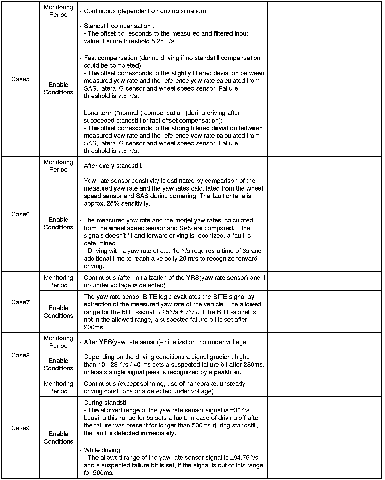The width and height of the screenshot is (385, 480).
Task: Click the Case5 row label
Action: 20,79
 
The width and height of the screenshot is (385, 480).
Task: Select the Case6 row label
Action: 20,214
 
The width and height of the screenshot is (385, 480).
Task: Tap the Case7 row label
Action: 20,302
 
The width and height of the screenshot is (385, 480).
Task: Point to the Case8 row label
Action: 20,355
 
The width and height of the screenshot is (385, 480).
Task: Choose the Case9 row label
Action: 20,428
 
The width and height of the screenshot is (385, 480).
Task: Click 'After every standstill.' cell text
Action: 113,166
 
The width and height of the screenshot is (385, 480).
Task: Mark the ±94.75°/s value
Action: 244,458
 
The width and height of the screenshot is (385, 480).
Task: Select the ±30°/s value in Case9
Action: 240,410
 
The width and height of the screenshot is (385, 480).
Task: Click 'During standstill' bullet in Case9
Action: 106,403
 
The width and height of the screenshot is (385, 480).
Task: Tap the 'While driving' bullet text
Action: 102,450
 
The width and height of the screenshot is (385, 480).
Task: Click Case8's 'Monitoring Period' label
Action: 58,342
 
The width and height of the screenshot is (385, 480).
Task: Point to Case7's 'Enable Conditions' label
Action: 58,312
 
